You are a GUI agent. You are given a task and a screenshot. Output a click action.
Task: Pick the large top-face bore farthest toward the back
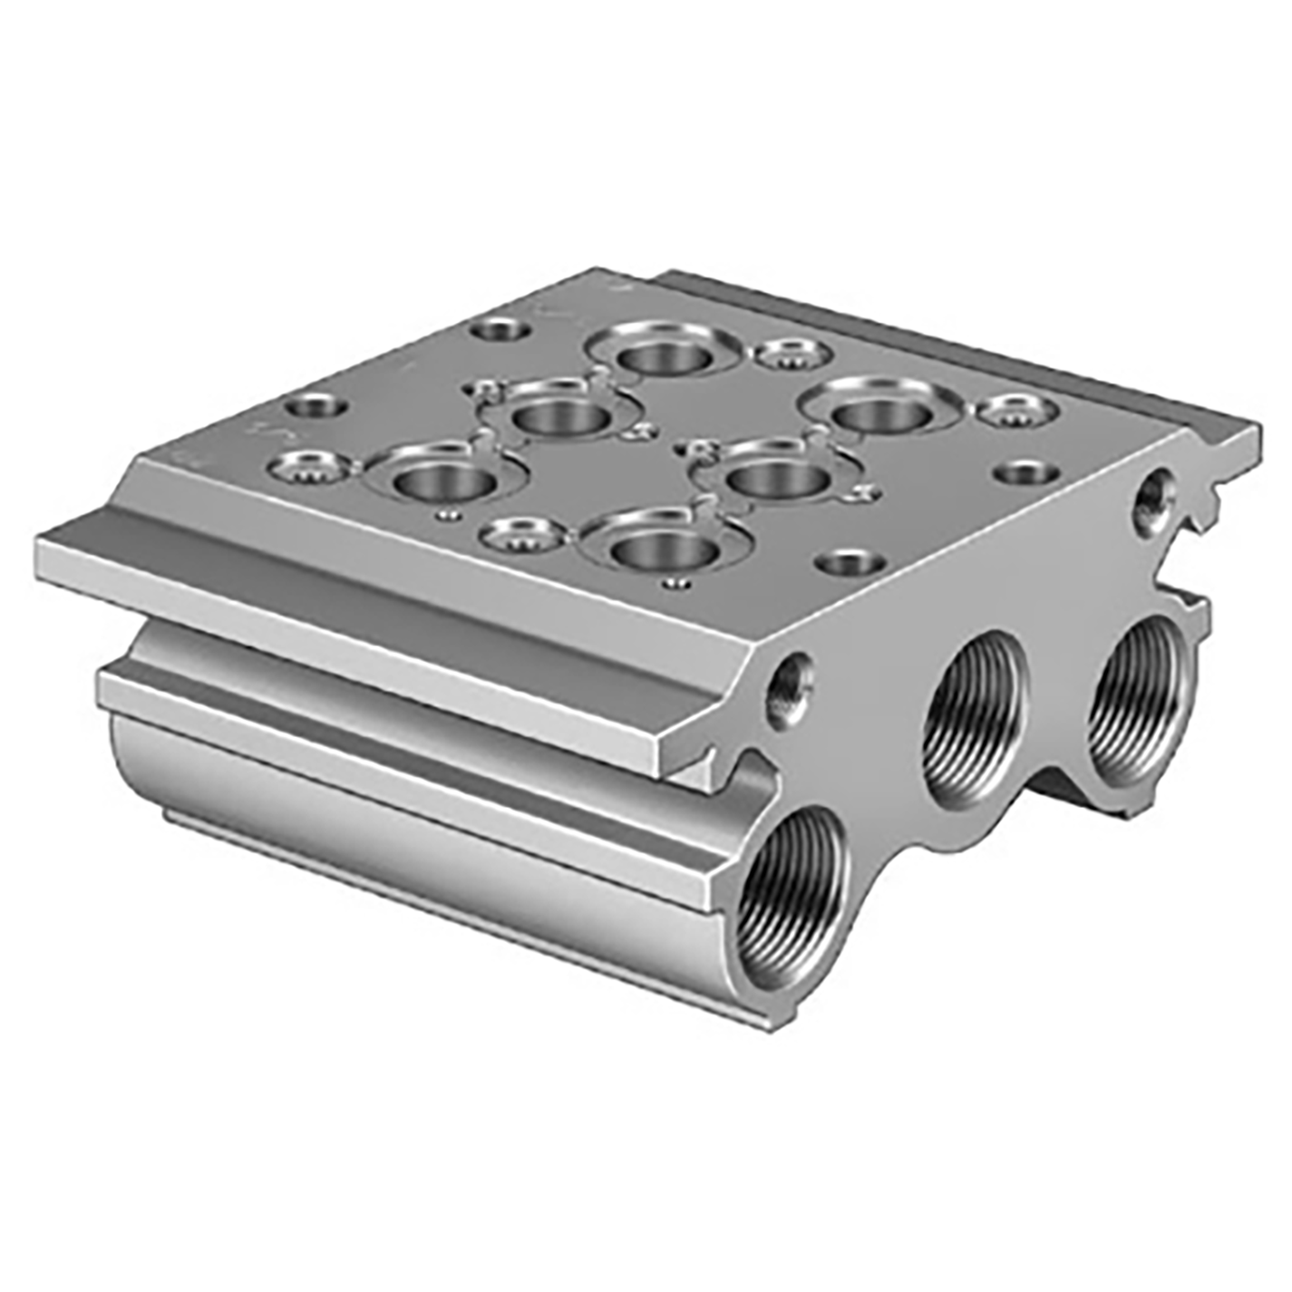pos(664,355)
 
